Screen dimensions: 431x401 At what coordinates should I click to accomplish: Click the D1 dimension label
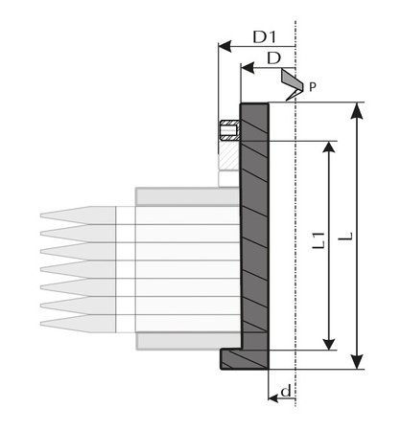[x=265, y=37]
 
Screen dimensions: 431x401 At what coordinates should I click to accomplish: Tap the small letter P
[x=311, y=87]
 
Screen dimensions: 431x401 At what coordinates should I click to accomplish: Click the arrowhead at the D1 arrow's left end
[x=224, y=45]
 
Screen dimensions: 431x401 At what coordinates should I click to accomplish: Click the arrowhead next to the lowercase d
[x=271, y=396]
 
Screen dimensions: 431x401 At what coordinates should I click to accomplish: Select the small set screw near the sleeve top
[x=228, y=131]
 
